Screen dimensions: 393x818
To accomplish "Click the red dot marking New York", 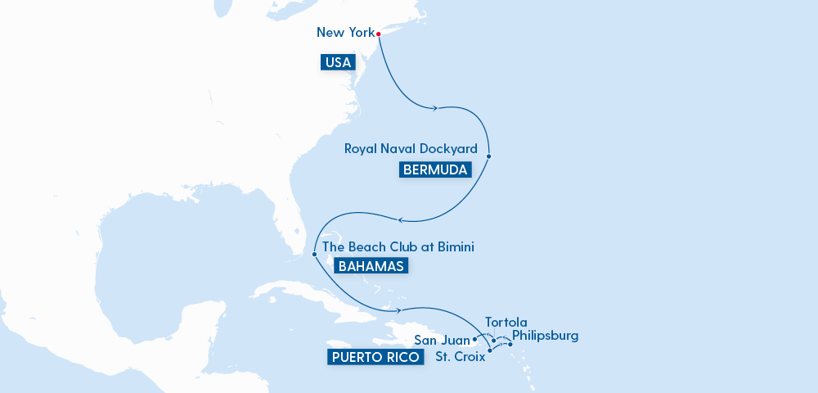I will [379, 34].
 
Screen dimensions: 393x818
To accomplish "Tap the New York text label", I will [344, 33].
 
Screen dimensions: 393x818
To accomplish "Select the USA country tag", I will [338, 61].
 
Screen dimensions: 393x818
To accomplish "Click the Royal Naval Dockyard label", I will [411, 149].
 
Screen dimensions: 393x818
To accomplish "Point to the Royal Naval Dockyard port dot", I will [488, 156].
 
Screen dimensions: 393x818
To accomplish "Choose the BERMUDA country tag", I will [435, 170].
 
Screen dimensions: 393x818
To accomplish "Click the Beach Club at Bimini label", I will [398, 246].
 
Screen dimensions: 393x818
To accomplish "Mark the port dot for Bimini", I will [314, 254].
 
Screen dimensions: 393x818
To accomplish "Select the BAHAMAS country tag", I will [370, 266].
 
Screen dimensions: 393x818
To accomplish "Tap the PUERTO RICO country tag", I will [376, 357].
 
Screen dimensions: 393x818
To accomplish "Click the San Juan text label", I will [442, 340].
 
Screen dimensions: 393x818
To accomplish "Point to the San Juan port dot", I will [475, 338].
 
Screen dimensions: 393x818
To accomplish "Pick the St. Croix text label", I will [459, 357].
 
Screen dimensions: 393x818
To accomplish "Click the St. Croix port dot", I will [489, 351].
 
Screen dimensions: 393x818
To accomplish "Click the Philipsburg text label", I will [545, 336].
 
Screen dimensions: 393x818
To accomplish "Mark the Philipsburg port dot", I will [510, 344].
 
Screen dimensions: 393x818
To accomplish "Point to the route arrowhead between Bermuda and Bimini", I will [400, 219].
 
